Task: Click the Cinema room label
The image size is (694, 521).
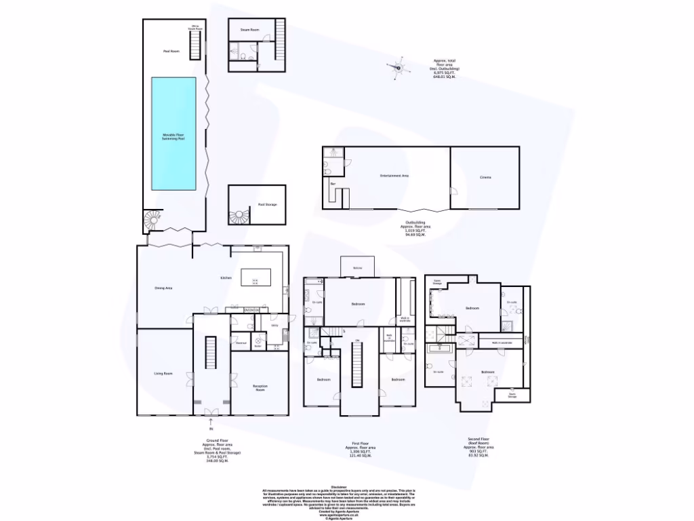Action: coord(485,178)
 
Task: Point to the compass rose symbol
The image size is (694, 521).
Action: coord(399,68)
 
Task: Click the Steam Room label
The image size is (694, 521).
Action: coord(249,31)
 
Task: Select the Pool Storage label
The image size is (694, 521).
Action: coord(267,204)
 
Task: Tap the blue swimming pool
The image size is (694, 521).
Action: coord(173,134)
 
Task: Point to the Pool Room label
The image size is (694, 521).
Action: coord(170,52)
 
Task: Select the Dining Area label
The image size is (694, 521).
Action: coord(163,288)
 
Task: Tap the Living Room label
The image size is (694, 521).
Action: coord(163,373)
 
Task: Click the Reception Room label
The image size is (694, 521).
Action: coord(260,387)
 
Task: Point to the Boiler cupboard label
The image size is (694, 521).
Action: coord(258,347)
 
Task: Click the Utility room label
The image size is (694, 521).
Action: coord(275,326)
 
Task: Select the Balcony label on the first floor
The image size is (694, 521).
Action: coord(356,269)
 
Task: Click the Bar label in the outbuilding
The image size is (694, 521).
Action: coord(333,184)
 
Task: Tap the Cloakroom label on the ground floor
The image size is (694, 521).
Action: coord(241,343)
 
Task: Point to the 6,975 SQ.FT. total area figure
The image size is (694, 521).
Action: coord(445,73)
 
